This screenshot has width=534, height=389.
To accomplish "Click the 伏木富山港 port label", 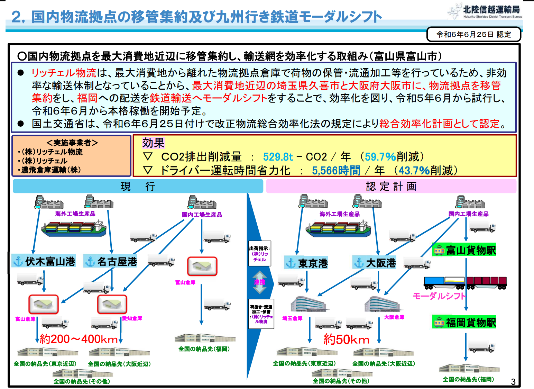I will click(x=44, y=261).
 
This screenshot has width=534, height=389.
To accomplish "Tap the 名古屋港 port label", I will click(x=111, y=262).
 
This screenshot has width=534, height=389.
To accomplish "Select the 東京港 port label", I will click(x=306, y=263).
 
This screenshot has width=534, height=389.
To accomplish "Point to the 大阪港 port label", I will click(x=375, y=263).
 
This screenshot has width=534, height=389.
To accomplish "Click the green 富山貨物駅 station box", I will click(x=464, y=250).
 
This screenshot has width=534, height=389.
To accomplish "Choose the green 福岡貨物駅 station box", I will click(x=464, y=322).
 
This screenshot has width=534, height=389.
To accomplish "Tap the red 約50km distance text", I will click(x=346, y=340).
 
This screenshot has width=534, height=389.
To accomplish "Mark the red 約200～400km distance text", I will click(x=79, y=339).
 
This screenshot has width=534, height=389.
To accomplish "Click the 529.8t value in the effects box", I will click(x=278, y=157).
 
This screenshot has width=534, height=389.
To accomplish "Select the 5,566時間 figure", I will click(x=336, y=170).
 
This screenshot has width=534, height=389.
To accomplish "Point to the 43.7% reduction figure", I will click(x=414, y=170).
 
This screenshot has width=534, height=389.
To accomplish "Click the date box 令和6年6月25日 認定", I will click(x=473, y=34).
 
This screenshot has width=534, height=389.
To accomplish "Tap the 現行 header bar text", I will click(x=138, y=186).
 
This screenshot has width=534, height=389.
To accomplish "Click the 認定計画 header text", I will click(x=391, y=186).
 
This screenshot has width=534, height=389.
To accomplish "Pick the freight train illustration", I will click(x=465, y=283).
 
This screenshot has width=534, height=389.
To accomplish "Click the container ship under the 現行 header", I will click(x=74, y=228).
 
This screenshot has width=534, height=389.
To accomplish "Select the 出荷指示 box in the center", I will click(x=259, y=254).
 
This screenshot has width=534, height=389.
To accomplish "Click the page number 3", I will click(x=513, y=381).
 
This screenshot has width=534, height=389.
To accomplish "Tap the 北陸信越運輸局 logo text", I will click(x=491, y=9).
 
